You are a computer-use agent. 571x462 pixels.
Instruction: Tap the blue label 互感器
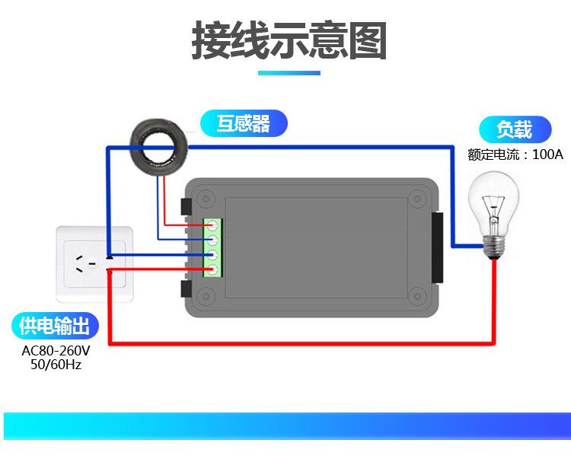(x=244, y=123)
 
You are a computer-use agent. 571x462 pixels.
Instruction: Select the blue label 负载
(x=514, y=129)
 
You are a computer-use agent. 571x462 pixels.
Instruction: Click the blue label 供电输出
(x=55, y=327)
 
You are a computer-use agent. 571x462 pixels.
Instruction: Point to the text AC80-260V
(x=56, y=351)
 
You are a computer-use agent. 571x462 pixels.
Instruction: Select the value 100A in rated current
(x=547, y=155)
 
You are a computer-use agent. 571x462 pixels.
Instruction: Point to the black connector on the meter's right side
(x=437, y=247)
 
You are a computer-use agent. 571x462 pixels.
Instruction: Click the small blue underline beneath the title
(x=289, y=73)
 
